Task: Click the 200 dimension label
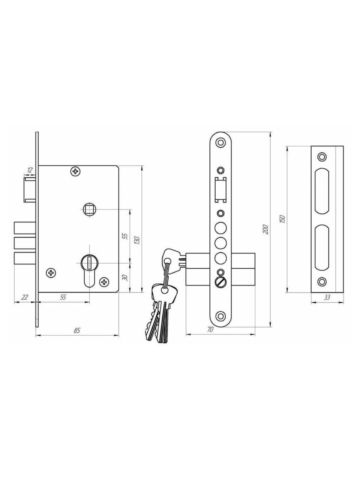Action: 266,229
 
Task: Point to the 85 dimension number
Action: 77,330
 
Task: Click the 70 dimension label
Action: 210,329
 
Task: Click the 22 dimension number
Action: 25,297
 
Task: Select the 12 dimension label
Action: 30,169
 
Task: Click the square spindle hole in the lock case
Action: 89,209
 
